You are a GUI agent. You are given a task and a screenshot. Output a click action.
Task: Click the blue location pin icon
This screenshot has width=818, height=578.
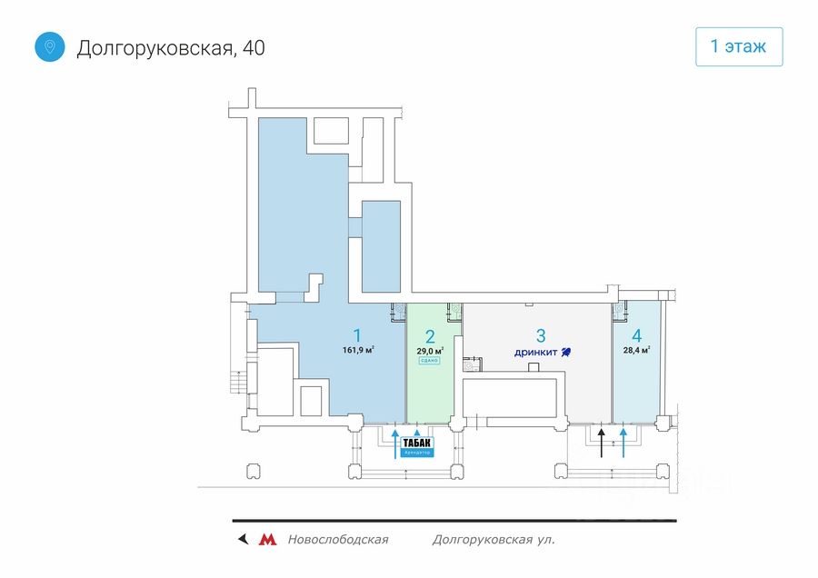click(x=50, y=47)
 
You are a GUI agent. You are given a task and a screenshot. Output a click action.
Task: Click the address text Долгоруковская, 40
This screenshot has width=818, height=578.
click(x=171, y=48)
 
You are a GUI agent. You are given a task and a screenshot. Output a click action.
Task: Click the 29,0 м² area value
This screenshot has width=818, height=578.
click(x=430, y=351)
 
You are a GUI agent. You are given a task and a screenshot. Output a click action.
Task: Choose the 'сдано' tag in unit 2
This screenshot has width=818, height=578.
click(x=429, y=361)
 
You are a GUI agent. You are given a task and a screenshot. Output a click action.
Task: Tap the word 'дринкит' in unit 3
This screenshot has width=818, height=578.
click(x=534, y=352)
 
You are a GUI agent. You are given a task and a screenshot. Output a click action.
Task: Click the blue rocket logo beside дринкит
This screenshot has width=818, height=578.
click(x=564, y=352)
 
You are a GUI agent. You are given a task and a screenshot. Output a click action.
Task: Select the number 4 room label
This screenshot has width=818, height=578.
click(x=637, y=334)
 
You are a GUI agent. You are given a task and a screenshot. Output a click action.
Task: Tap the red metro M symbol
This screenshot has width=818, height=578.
click(x=267, y=540)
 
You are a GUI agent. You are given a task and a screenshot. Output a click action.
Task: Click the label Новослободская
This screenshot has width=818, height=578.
click(x=337, y=540)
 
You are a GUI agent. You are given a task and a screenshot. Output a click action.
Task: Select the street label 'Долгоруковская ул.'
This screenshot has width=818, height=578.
click(x=494, y=540)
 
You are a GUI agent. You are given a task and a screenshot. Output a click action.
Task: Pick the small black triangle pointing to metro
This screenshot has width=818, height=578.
click(x=242, y=540)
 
